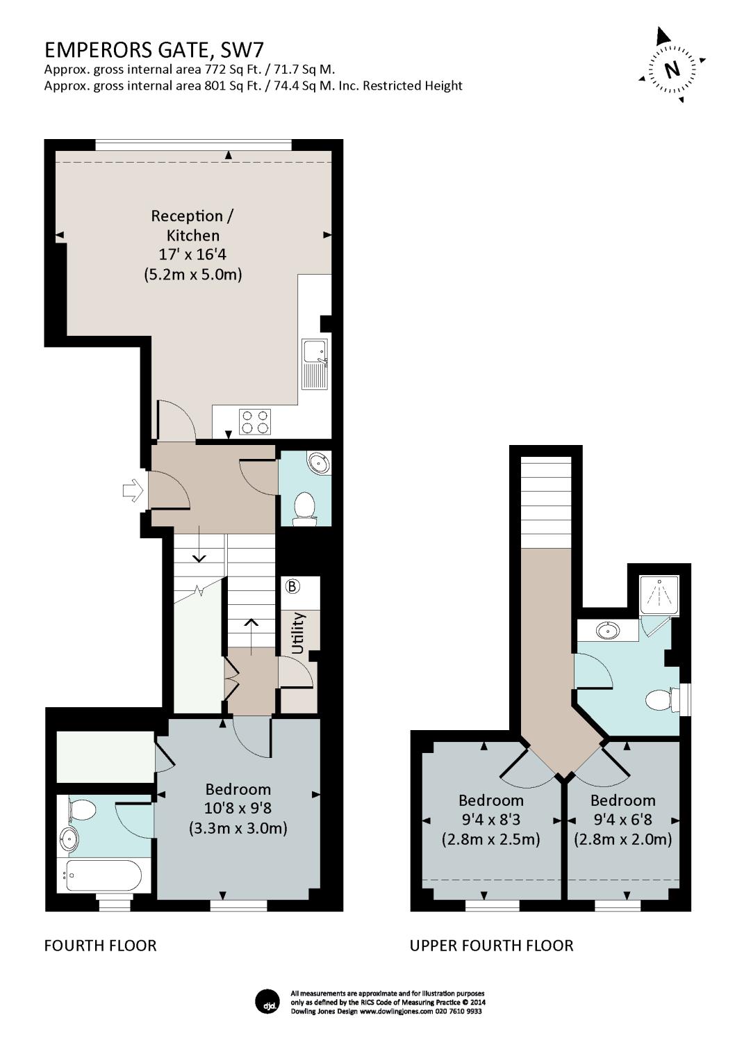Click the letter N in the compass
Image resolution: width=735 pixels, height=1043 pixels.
671,70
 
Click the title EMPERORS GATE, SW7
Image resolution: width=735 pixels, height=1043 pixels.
154,50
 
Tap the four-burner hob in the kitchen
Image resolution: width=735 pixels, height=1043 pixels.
255,422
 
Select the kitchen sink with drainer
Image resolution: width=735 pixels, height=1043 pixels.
315,364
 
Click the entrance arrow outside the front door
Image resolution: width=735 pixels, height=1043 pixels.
133,490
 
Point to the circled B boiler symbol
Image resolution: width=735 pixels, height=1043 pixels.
292,586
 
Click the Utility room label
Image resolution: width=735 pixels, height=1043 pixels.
298,633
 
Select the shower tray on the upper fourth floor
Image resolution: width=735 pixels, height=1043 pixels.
659,595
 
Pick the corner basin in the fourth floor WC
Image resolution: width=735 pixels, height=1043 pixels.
320,463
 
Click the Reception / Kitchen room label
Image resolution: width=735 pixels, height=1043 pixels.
193,225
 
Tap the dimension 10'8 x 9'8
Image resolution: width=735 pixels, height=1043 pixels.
238,808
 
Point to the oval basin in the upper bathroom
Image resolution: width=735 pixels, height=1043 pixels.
608,631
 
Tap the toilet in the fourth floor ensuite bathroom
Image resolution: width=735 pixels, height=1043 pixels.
83,811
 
